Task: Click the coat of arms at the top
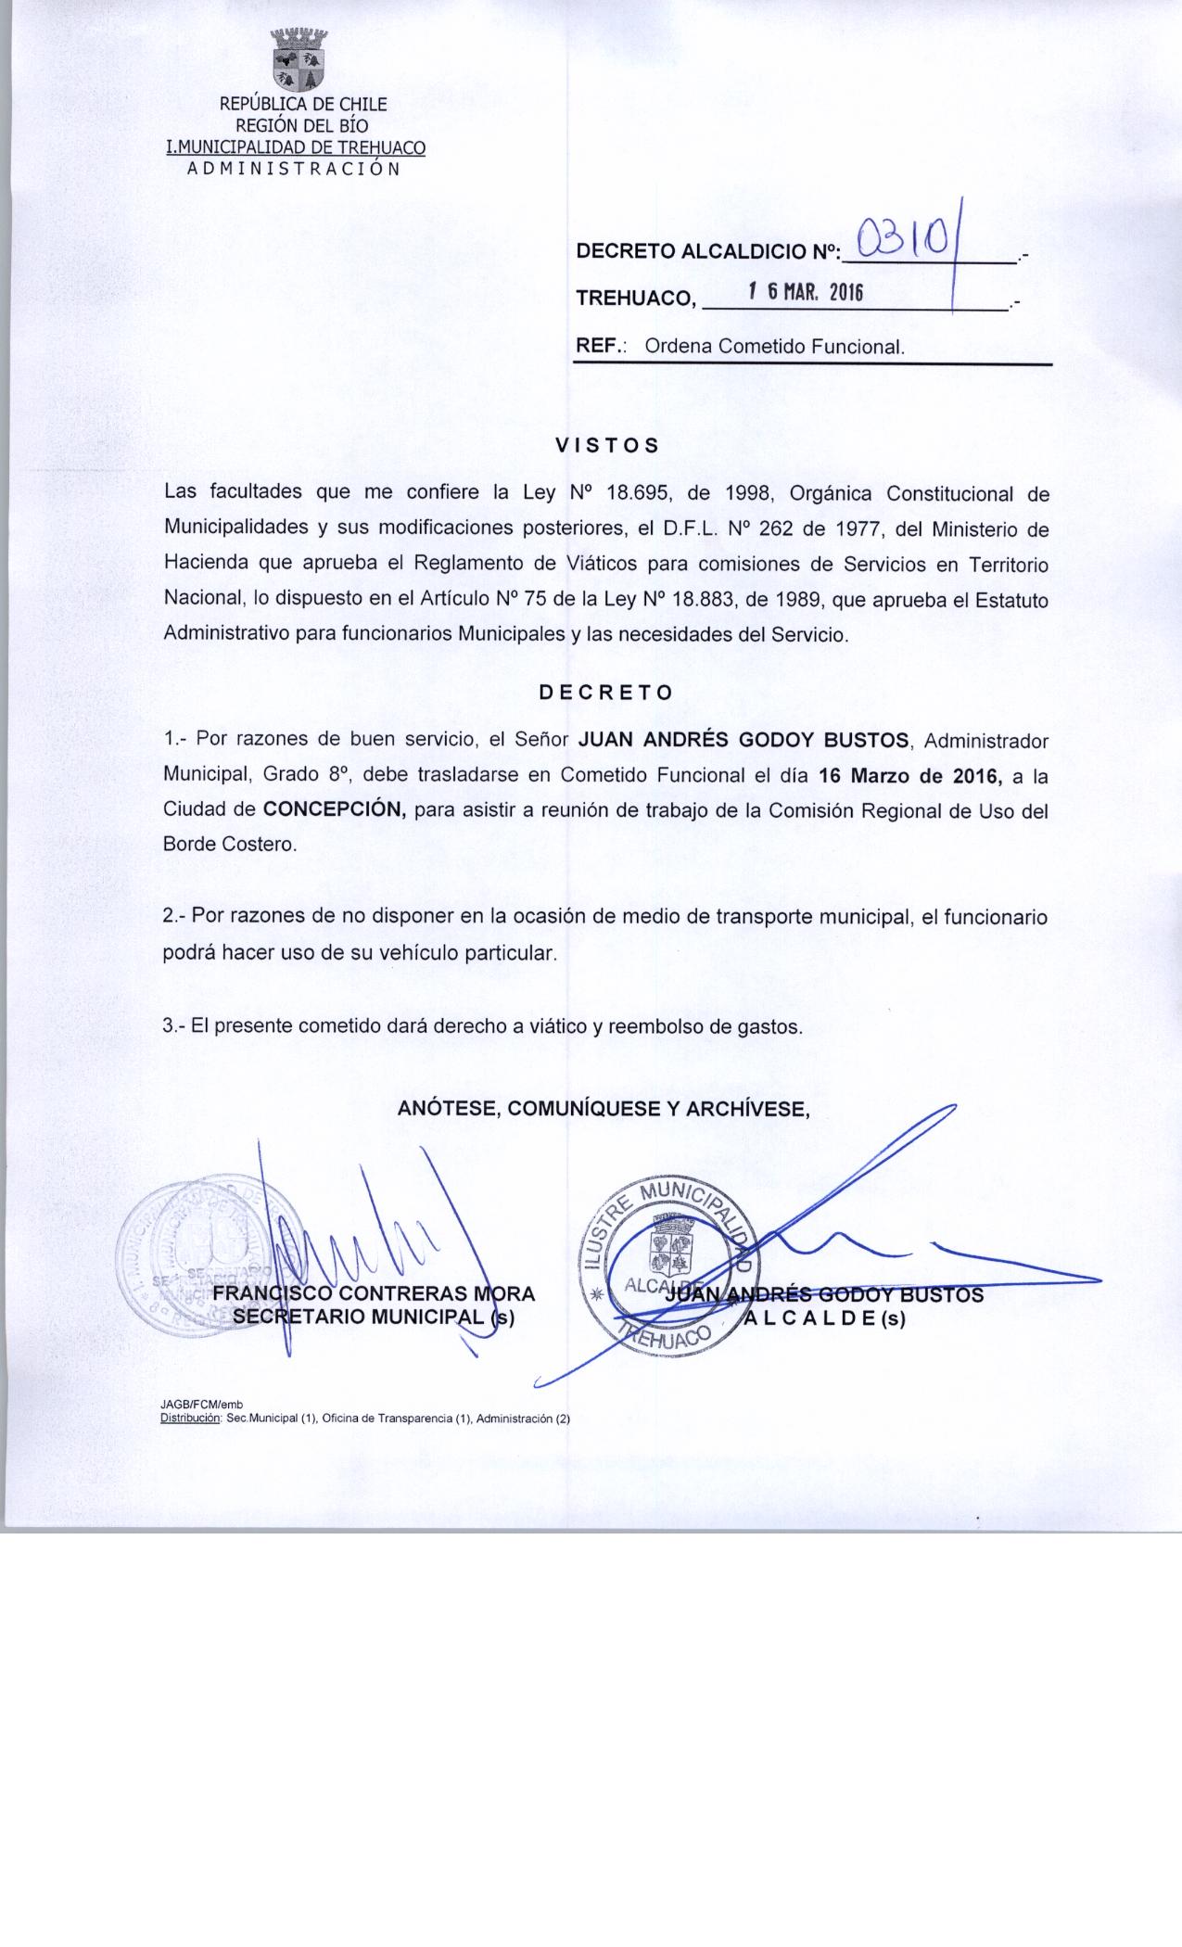(299, 62)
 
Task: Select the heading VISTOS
(607, 445)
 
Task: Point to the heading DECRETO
(606, 693)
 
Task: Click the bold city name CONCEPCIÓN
(335, 808)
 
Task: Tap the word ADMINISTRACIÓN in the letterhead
(294, 170)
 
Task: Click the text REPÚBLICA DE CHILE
(302, 105)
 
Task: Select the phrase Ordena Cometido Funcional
(773, 348)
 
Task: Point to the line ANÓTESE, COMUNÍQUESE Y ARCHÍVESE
(604, 1108)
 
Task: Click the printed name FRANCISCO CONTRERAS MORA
(375, 1294)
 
